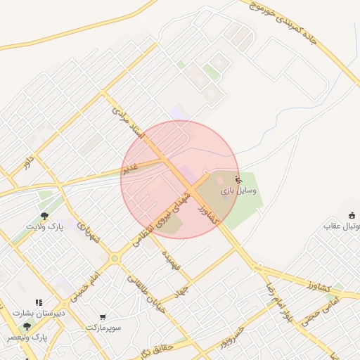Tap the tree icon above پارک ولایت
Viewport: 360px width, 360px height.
(45, 216)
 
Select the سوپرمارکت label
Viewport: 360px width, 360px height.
(104, 328)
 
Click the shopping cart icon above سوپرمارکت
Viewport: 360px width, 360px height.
(103, 317)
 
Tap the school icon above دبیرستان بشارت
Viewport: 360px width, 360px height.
(39, 302)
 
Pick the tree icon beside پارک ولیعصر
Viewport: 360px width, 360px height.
(27, 326)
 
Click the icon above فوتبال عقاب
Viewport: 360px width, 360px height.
(352, 214)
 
